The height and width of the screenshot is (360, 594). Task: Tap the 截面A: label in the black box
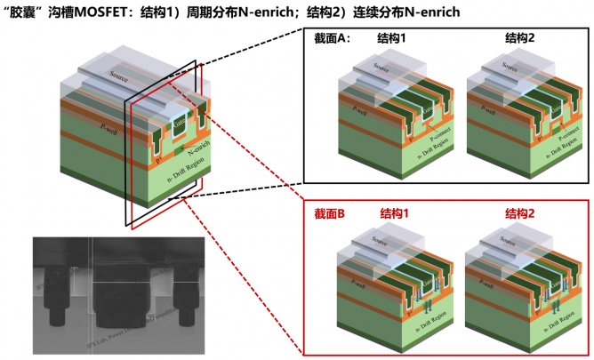tap(333, 38)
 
